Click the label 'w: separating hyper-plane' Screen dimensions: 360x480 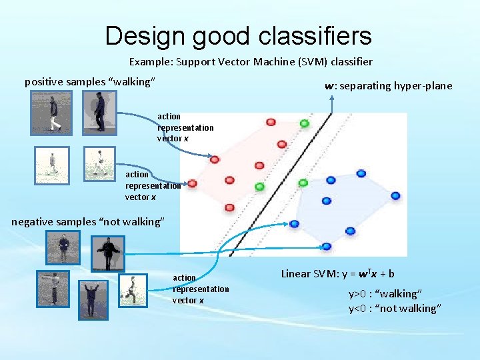pos(388,85)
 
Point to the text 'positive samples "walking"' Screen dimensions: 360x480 pos(90,81)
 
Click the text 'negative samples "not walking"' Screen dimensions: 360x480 pos(87,221)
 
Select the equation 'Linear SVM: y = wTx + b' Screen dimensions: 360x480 pos(337,273)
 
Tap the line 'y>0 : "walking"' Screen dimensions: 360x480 pos(385,294)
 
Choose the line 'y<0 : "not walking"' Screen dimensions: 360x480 pos(395,308)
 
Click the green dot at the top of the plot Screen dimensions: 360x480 pos(305,123)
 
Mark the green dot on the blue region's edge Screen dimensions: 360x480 pos(303,183)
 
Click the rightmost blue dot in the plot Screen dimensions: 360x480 pos(395,196)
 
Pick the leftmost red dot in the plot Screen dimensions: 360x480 pos(192,183)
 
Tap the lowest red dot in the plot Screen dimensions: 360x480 pos(229,207)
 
